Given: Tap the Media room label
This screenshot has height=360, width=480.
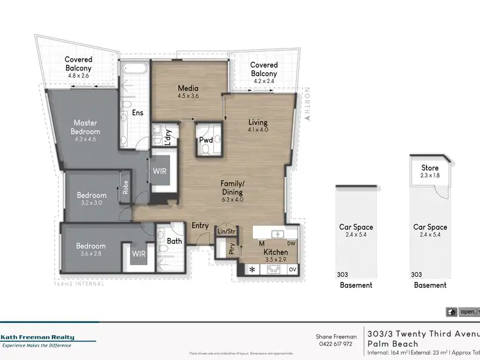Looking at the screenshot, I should click(188, 88).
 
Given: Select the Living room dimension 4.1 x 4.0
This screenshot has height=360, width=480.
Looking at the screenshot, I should click(258, 130).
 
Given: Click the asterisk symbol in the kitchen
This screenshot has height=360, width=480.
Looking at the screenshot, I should click(252, 270).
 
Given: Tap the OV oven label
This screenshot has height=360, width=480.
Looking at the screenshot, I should click(292, 270).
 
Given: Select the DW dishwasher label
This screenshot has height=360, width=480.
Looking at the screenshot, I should click(292, 244).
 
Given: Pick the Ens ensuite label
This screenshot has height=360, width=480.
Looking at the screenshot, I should click(138, 113).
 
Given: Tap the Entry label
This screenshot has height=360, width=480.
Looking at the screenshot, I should click(200, 225).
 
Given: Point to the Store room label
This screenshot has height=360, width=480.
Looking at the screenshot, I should click(429, 168).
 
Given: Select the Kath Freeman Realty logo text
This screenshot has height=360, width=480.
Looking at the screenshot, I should click(38, 337).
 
